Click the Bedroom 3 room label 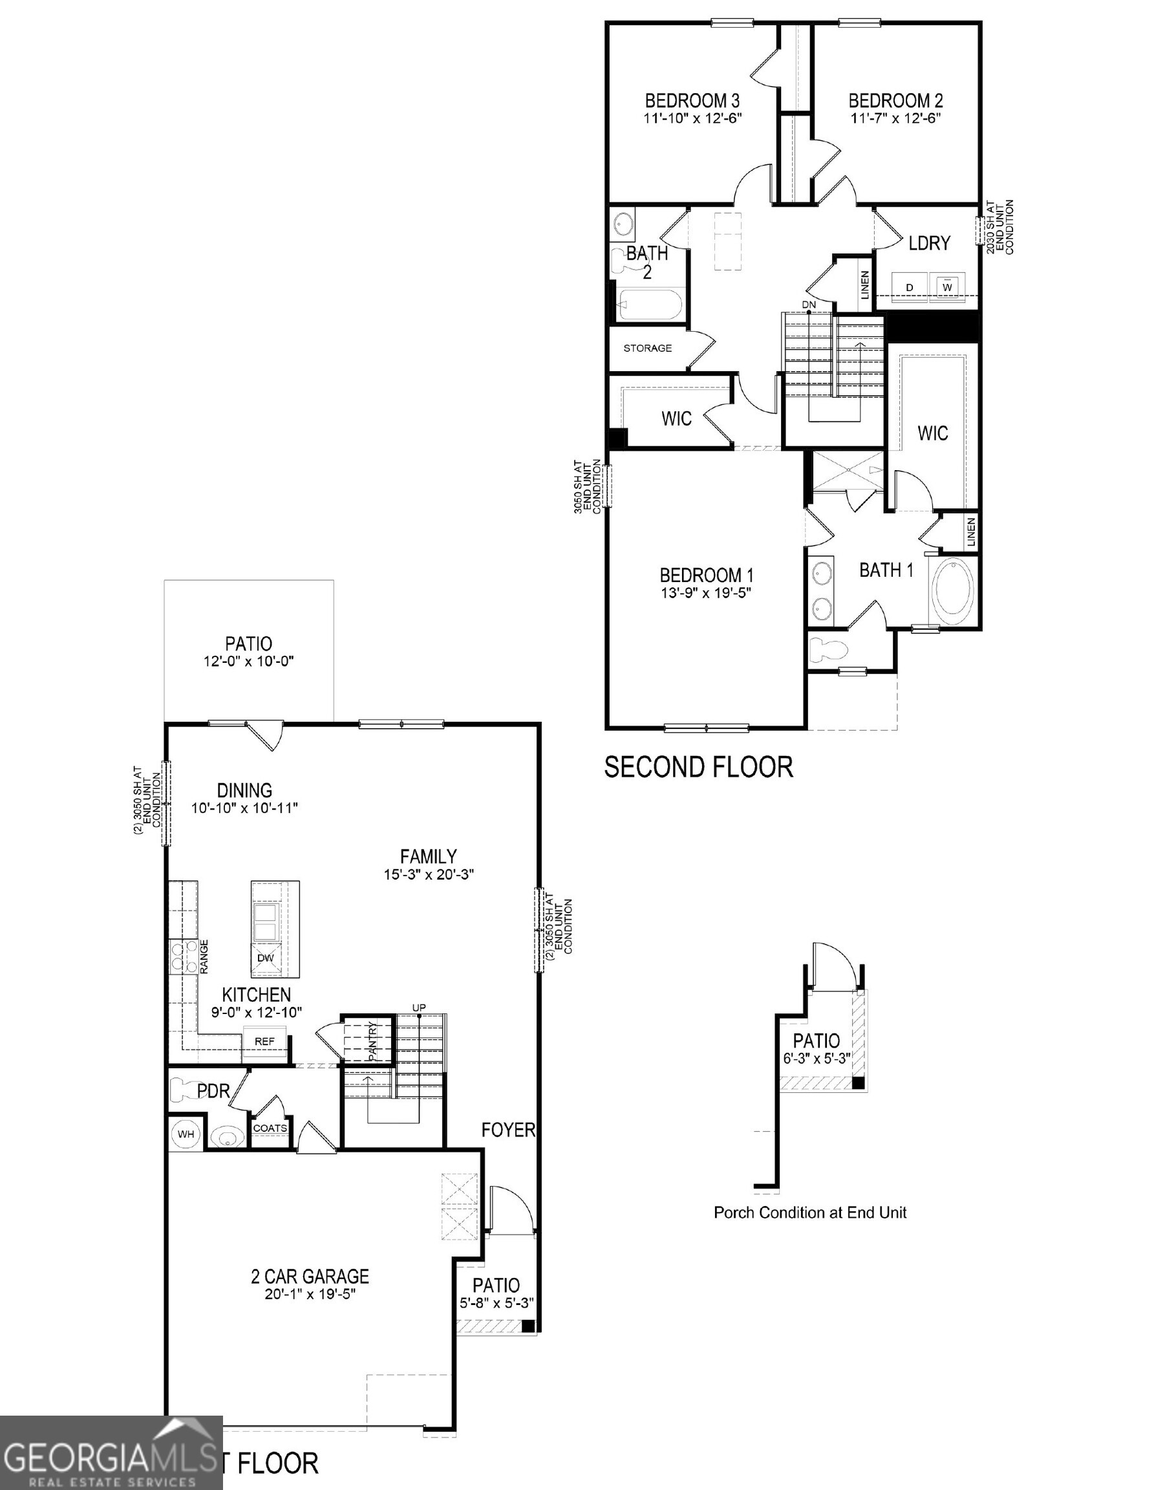(692, 101)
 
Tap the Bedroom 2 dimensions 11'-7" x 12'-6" (895, 118)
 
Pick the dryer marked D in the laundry (909, 287)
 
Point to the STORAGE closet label (647, 348)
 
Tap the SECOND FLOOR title (698, 767)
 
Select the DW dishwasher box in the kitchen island (265, 958)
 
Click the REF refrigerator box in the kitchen (264, 1041)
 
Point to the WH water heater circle (186, 1134)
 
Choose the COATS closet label (270, 1128)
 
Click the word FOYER (508, 1130)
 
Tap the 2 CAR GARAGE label (310, 1277)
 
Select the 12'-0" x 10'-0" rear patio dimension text (248, 661)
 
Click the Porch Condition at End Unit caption (809, 1213)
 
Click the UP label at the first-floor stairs (418, 1008)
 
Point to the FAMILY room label (429, 856)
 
